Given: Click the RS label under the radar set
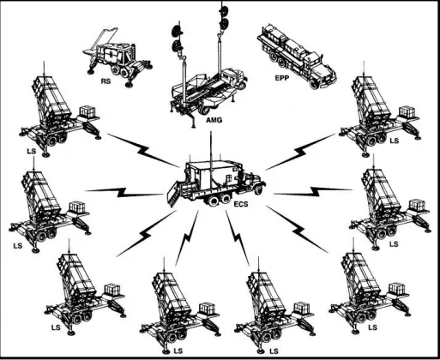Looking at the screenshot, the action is tap(105, 81).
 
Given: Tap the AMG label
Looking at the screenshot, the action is tap(214, 120).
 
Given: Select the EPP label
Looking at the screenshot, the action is tap(282, 78).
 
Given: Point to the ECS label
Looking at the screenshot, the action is tap(241, 204).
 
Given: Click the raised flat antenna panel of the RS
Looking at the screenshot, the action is tap(100, 40).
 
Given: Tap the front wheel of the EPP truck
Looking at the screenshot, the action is tap(314, 84).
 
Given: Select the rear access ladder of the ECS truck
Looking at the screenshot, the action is tap(174, 195).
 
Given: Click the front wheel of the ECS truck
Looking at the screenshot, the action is tap(259, 189).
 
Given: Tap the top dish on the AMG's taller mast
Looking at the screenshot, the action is tap(223, 10).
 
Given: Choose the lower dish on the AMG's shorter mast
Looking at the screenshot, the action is tap(178, 45).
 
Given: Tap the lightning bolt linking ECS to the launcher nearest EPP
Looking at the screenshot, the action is tap(300, 152).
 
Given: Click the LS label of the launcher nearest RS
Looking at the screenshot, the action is tap(32, 151).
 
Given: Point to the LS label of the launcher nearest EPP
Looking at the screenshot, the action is tap(394, 141).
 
